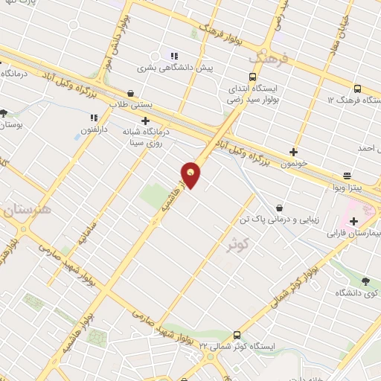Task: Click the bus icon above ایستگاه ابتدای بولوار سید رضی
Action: coord(252,77)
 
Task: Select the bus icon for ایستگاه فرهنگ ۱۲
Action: coord(358,86)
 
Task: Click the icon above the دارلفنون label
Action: coord(94,118)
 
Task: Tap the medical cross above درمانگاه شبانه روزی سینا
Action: coord(146,120)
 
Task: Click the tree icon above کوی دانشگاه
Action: coord(365,281)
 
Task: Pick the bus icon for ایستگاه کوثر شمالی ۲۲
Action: coord(237,334)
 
